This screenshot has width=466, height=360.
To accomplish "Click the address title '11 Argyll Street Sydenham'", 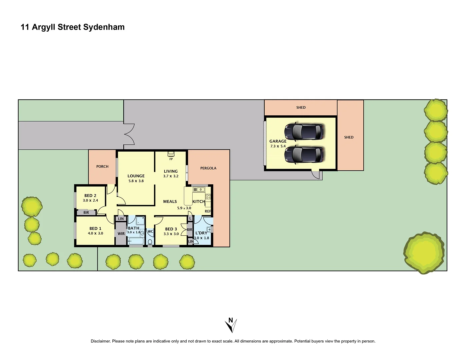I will point(73,27).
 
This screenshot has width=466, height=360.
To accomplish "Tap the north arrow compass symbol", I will point(231,325).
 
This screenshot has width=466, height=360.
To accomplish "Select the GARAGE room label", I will point(278,141).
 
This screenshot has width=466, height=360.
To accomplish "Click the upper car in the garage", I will point(304,132).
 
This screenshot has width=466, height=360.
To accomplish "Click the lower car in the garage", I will point(304,155).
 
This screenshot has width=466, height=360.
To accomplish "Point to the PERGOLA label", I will point(208,168).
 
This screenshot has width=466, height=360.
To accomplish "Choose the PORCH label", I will point(102,166).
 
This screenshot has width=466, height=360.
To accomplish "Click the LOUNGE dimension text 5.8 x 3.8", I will point(136,181).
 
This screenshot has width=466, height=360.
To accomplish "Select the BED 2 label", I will point(90,196).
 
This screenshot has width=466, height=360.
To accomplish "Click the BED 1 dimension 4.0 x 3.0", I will point(95,233).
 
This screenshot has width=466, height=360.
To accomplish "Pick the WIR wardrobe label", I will point(121,234).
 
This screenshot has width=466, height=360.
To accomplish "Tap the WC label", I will point(150,231).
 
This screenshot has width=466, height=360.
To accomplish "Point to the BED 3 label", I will point(171,229).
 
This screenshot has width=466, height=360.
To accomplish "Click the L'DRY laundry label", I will point(201,233).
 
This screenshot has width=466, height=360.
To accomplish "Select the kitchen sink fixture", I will point(199,190).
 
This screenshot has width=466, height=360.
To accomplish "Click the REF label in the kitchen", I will point(208,211).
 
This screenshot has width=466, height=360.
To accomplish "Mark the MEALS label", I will point(170,201).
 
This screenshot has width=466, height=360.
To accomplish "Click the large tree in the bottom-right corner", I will point(424,253).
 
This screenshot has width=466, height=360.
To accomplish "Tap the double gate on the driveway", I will point(129,134).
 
